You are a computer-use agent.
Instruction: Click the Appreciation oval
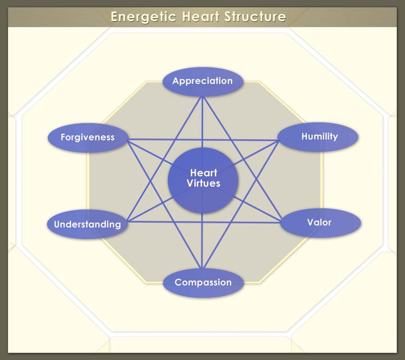203,82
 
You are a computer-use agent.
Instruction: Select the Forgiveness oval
88,137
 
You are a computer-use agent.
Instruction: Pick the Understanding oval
87,224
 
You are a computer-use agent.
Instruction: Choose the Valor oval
319,223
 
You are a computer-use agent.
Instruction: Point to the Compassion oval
203,283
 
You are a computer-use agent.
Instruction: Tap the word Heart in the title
198,17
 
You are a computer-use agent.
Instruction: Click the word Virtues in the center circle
204,183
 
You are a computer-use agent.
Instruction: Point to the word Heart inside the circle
204,173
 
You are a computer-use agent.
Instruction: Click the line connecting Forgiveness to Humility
149,139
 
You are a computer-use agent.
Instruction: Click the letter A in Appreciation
176,82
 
